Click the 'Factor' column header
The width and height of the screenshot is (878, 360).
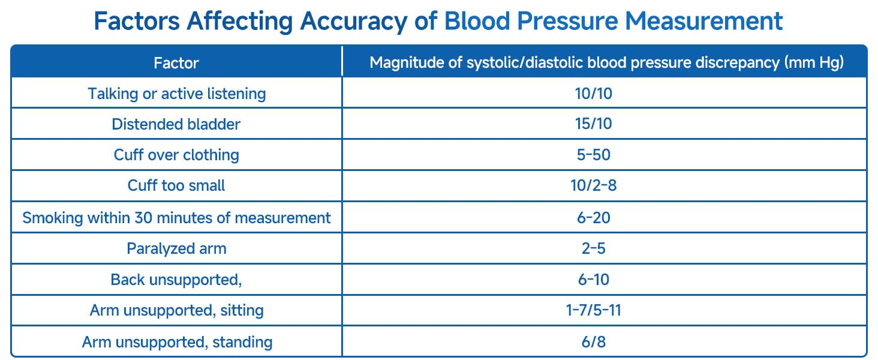point(176,62)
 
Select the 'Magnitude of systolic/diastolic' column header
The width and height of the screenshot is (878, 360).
point(606,62)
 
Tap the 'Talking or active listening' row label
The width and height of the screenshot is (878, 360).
point(176,94)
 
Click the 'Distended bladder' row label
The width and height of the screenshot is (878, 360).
point(176,124)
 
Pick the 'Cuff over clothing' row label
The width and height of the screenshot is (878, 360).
point(176,155)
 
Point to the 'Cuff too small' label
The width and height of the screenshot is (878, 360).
point(176,186)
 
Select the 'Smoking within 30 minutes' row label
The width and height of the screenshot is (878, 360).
point(176,217)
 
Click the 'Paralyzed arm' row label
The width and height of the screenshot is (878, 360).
point(176,248)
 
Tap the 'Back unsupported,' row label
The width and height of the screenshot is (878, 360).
point(176,280)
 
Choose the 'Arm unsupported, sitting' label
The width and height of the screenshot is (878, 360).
point(176,311)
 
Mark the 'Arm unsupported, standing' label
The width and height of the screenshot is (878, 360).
point(176,342)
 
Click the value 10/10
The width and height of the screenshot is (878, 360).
point(593,94)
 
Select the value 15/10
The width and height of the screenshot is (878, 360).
point(593,124)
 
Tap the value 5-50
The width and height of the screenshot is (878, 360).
point(593,155)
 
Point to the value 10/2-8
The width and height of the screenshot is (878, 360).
point(593,186)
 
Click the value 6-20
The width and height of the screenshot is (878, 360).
point(593,217)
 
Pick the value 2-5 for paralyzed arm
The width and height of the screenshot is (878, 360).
point(593,248)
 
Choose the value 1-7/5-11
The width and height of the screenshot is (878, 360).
point(593,311)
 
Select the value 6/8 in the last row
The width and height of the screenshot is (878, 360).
point(593,342)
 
